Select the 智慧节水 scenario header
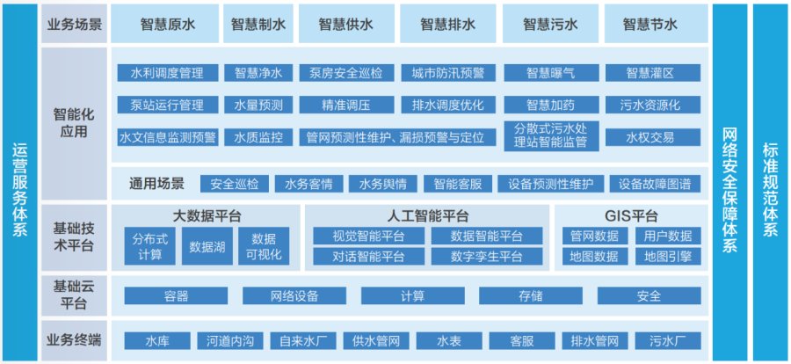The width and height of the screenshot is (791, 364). (x=649, y=25)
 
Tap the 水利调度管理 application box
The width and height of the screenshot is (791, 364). (x=168, y=73)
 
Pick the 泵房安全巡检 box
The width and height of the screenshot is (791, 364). (x=347, y=73)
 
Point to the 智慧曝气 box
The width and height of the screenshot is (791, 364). (x=551, y=73)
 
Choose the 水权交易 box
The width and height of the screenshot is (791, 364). (x=653, y=137)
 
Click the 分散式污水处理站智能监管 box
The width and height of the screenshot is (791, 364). (x=551, y=135)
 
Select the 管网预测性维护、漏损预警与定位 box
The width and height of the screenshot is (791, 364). (x=397, y=137)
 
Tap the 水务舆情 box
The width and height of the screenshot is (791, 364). (x=383, y=184)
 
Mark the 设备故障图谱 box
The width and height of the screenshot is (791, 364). (x=655, y=184)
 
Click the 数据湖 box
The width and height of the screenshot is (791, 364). (x=207, y=246)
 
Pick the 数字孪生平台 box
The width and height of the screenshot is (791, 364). (x=487, y=257)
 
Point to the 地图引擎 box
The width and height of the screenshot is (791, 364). (x=668, y=257)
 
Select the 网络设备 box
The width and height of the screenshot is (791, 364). (x=294, y=295)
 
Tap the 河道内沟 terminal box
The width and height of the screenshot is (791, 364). (x=230, y=341)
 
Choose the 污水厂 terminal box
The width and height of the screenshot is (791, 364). (x=668, y=341)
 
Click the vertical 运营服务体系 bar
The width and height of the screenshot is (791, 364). (x=19, y=183)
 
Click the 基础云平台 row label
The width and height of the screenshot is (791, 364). (x=74, y=295)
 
